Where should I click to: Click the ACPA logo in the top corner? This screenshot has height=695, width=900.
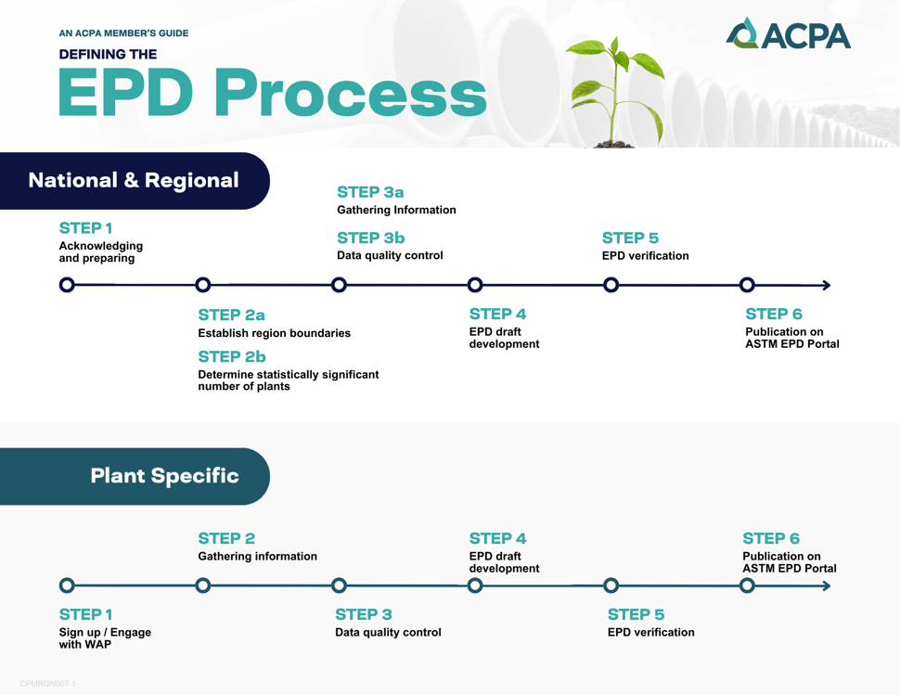click(788, 34)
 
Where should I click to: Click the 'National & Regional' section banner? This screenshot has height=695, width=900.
click(134, 180)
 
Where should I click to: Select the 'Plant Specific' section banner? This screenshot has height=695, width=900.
click(164, 476)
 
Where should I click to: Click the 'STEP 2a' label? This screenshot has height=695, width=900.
click(231, 315)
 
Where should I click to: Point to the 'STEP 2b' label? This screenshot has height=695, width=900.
click(231, 356)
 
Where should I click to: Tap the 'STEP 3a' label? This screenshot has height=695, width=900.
click(370, 192)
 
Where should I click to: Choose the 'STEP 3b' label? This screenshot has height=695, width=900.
click(370, 238)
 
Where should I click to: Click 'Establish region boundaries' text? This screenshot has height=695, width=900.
click(274, 333)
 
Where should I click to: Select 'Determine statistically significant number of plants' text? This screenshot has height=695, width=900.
click(288, 380)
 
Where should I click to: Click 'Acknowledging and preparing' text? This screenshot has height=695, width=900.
click(100, 252)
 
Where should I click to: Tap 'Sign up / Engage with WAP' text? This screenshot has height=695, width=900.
click(104, 638)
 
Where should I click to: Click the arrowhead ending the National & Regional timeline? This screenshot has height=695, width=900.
click(826, 285)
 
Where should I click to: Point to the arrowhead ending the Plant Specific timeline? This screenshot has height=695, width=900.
click(826, 586)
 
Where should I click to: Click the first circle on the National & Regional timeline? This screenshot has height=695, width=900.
click(67, 285)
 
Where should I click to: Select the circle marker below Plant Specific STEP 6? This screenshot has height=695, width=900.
click(747, 586)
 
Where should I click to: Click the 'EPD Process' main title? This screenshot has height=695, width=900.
click(272, 94)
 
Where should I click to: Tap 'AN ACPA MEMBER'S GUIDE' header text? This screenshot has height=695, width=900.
click(123, 33)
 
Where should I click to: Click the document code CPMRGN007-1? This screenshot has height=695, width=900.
click(48, 684)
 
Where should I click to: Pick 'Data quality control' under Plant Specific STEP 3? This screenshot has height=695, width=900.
click(388, 633)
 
